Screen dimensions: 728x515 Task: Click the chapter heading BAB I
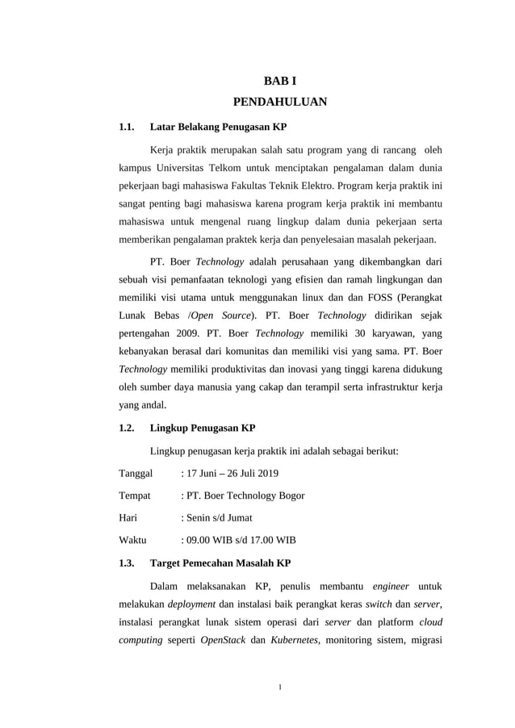coord(279,81)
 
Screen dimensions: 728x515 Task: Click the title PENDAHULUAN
coord(279,103)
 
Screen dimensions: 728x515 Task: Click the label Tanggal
coord(136,473)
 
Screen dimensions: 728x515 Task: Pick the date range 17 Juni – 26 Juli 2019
coord(232,473)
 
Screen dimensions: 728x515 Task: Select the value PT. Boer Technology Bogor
coord(245,496)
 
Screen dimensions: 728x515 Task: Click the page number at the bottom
coord(279,688)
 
